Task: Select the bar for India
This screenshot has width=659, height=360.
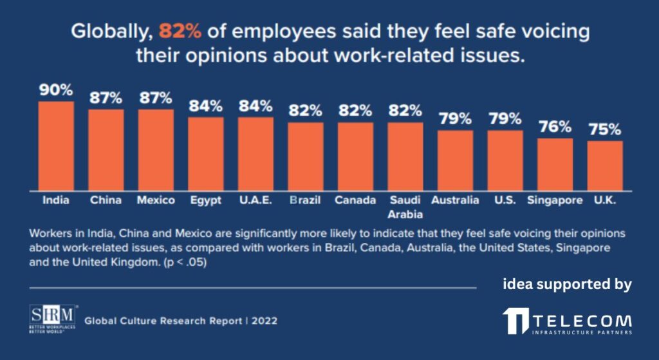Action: (56, 146)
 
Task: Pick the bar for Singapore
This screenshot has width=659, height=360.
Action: (555, 164)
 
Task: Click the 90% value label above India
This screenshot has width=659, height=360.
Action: (56, 91)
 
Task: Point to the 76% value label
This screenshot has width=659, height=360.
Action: (555, 128)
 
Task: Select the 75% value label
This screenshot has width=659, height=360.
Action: (605, 130)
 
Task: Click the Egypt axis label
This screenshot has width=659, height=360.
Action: (205, 200)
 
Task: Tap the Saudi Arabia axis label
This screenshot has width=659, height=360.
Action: (405, 207)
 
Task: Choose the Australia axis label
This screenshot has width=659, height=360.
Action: (455, 200)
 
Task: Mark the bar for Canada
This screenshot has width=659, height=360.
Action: (355, 156)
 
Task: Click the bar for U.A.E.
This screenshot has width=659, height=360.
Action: (255, 153)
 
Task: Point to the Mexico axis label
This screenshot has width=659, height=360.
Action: (156, 200)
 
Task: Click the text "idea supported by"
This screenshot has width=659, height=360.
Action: (567, 284)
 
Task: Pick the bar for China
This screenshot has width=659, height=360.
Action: (106, 149)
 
